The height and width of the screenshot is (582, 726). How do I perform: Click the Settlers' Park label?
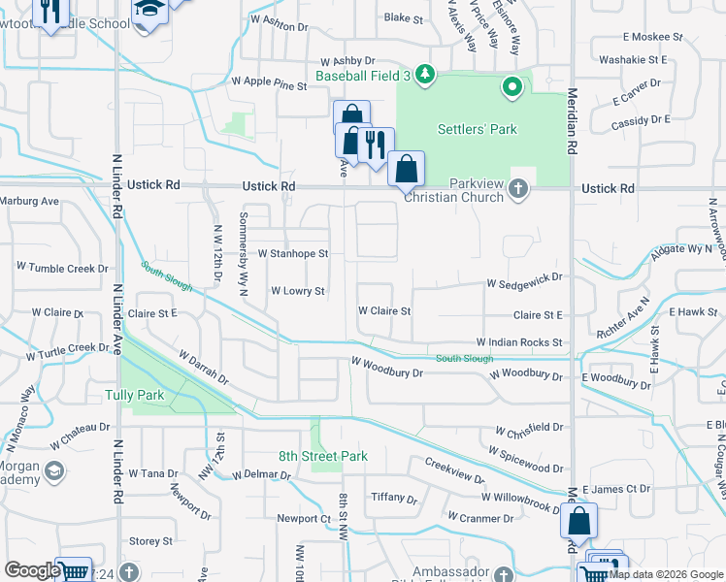pyautogui.click(x=477, y=129)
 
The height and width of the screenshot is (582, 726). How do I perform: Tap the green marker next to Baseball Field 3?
pyautogui.click(x=424, y=74)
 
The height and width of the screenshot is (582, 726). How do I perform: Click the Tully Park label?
pyautogui.click(x=134, y=395)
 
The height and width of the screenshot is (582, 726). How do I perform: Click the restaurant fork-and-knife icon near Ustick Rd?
pyautogui.click(x=375, y=145)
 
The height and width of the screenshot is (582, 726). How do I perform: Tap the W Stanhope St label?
pyautogui.click(x=293, y=254)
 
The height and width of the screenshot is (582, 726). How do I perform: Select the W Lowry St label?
pyautogui.click(x=297, y=291)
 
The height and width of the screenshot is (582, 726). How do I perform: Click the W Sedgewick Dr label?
pyautogui.click(x=524, y=280)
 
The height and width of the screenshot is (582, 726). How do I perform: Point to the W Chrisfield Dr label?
pyautogui.click(x=529, y=428)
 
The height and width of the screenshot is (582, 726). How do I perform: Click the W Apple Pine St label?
pyautogui.click(x=268, y=84)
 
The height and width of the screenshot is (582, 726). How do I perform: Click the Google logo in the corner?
pyautogui.click(x=32, y=570)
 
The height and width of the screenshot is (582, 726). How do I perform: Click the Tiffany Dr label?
pyautogui.click(x=394, y=500)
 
